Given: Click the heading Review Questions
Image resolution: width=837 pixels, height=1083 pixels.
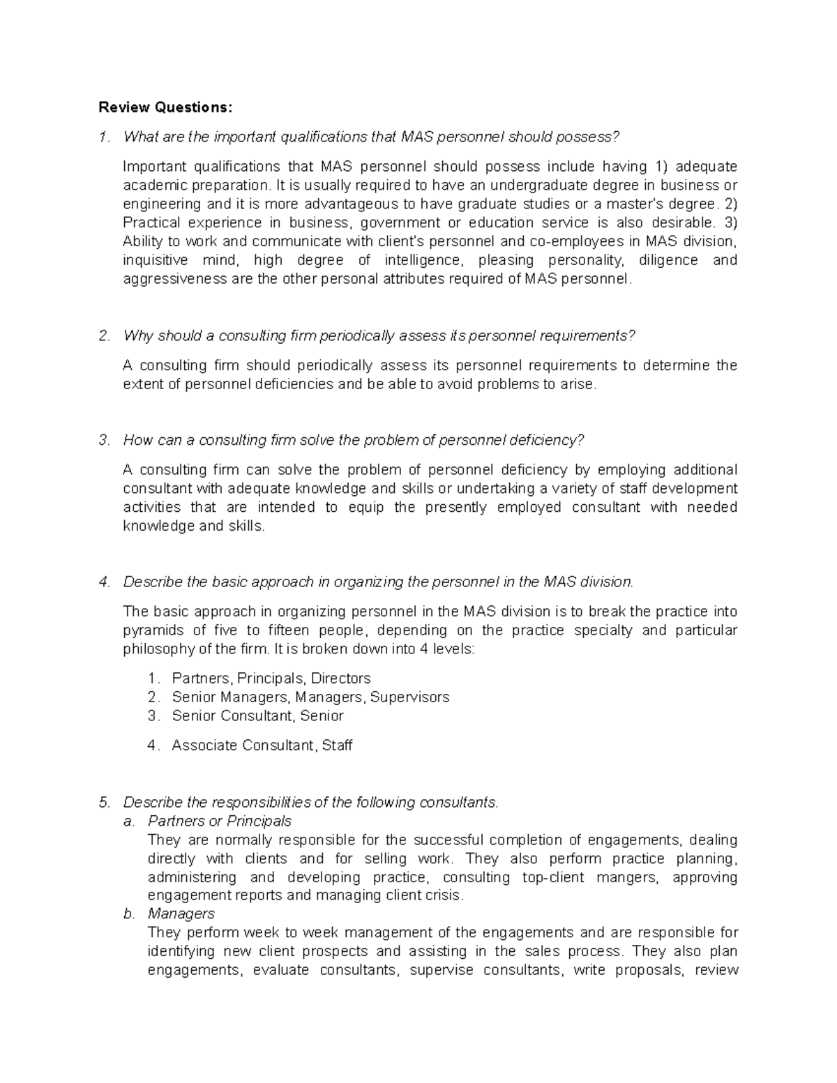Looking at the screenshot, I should [x=164, y=107].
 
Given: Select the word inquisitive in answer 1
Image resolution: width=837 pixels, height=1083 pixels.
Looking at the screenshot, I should [x=155, y=260].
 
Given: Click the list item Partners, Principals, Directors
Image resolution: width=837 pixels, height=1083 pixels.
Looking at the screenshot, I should [x=271, y=679].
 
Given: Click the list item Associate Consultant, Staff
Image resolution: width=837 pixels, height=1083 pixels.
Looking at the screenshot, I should [x=262, y=745].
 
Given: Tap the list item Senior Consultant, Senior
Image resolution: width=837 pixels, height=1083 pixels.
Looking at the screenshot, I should [x=257, y=716].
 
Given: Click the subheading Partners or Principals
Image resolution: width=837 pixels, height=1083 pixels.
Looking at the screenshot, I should [x=220, y=821].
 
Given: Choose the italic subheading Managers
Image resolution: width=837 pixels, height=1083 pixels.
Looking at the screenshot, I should [x=181, y=914].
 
